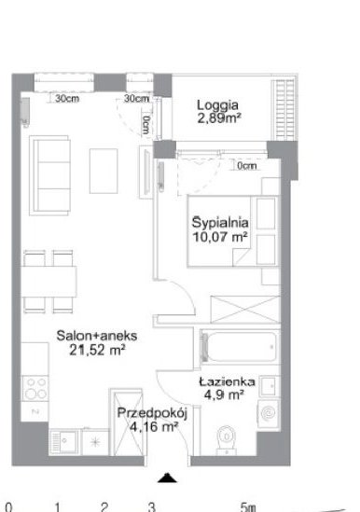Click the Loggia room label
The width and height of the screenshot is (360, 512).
tap(217, 105)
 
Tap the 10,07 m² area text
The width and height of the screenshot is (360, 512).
tap(219, 237)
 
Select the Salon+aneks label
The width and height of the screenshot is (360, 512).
tap(97, 336)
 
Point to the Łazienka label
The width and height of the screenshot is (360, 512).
tap(227, 381)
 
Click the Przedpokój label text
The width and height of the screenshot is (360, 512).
tap(152, 413)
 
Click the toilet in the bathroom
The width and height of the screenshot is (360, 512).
tap(227, 438)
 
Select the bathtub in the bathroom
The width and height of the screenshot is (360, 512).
tap(241, 347)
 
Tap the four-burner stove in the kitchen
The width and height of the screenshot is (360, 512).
tap(35, 389)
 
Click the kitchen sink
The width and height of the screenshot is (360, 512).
tap(64, 442)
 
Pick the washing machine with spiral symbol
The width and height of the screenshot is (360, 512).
tap(269, 414)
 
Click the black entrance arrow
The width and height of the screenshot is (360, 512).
tap(167, 477)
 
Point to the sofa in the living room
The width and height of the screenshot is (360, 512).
tap(49, 175)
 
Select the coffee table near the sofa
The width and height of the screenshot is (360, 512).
tap(104, 171)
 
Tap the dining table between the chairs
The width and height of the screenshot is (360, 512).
tap(49, 282)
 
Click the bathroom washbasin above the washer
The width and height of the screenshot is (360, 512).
tap(270, 387)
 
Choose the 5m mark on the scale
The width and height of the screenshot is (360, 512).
tap(248, 506)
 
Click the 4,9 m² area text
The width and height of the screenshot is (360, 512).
tap(224, 395)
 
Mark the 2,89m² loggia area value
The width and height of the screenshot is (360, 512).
tap(219, 118)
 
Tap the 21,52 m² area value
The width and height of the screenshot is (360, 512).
tap(97, 350)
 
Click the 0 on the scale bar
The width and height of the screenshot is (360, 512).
tap(8, 507)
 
